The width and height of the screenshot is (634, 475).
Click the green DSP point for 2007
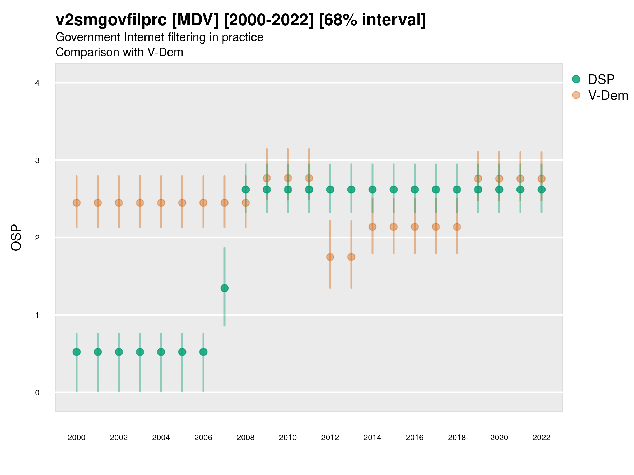[x=225, y=288]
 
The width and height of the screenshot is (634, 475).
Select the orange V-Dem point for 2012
[x=330, y=257]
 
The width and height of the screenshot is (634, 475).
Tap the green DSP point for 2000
[x=77, y=352]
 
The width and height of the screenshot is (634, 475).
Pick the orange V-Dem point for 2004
[x=161, y=203]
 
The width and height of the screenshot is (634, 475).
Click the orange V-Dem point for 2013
[x=351, y=257]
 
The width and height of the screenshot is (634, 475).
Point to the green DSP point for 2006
[x=203, y=352]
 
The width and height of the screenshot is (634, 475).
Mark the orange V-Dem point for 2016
[x=415, y=227]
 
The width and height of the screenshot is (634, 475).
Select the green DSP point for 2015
[x=394, y=189]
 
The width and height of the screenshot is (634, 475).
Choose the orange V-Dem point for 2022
[x=542, y=179]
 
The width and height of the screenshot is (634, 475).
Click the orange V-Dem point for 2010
[x=288, y=178]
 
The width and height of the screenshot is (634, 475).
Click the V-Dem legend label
[x=608, y=95]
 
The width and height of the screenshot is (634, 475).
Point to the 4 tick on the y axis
[x=37, y=83]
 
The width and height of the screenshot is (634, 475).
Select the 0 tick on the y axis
[x=37, y=393]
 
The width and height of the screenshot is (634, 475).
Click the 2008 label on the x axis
[x=245, y=438]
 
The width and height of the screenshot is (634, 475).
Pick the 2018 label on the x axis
[x=457, y=438]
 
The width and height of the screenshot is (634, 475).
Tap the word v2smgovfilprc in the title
[x=111, y=20]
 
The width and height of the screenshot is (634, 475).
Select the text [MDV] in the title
[x=195, y=20]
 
